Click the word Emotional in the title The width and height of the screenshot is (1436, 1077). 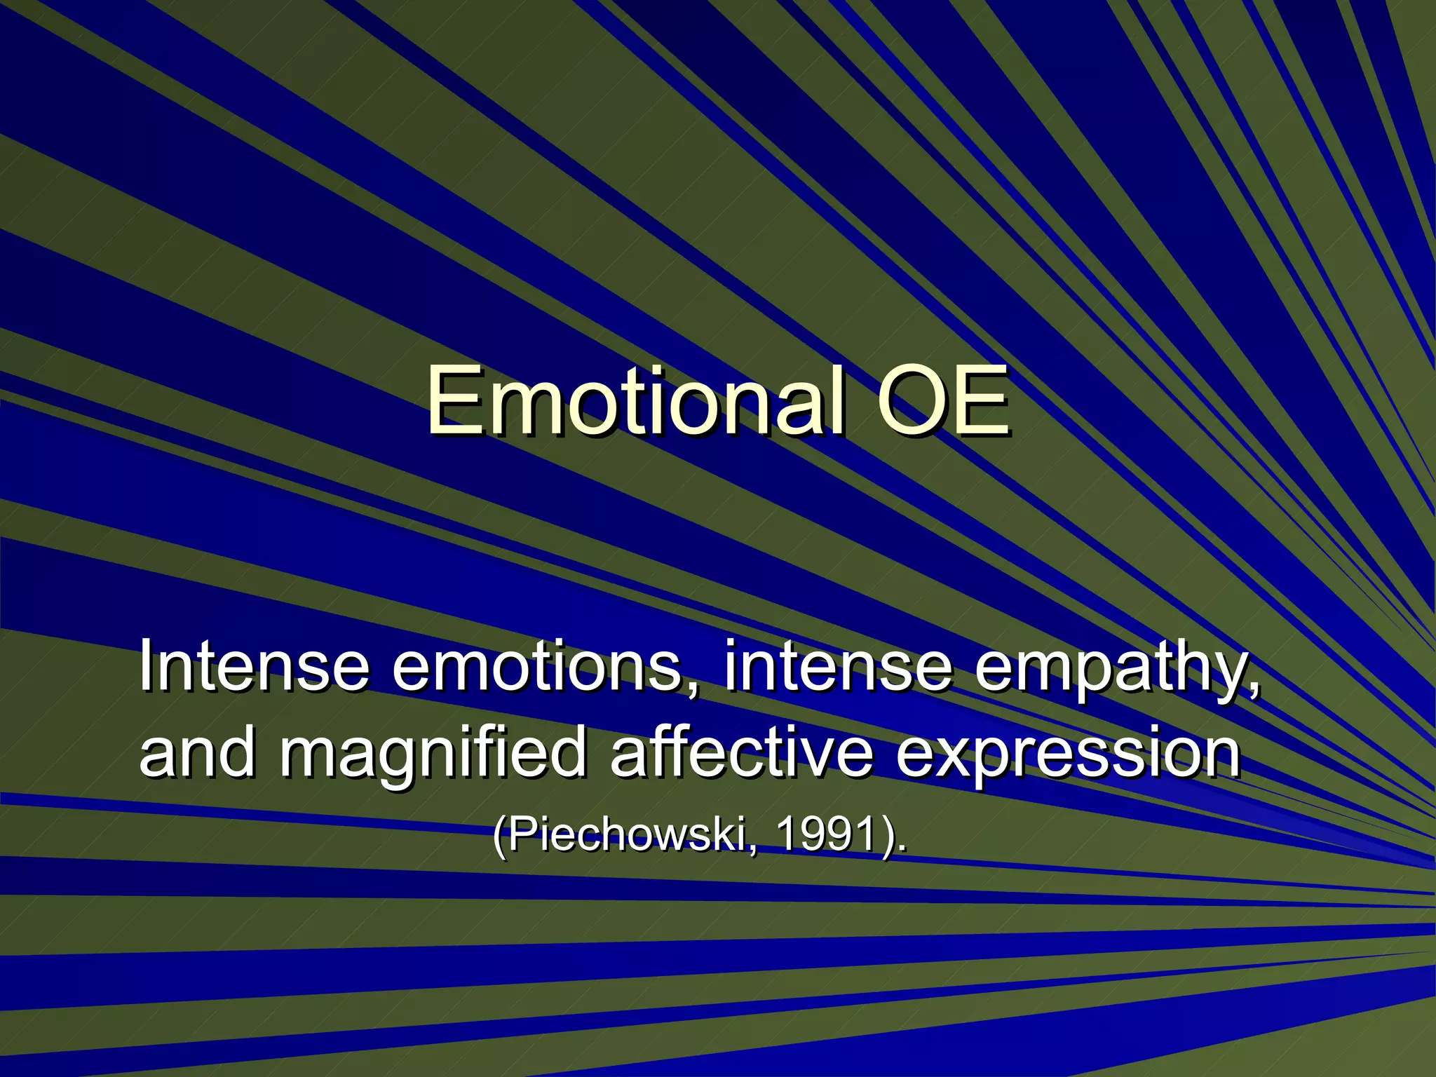pos(635,400)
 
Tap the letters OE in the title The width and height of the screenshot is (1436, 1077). pos(942,400)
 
